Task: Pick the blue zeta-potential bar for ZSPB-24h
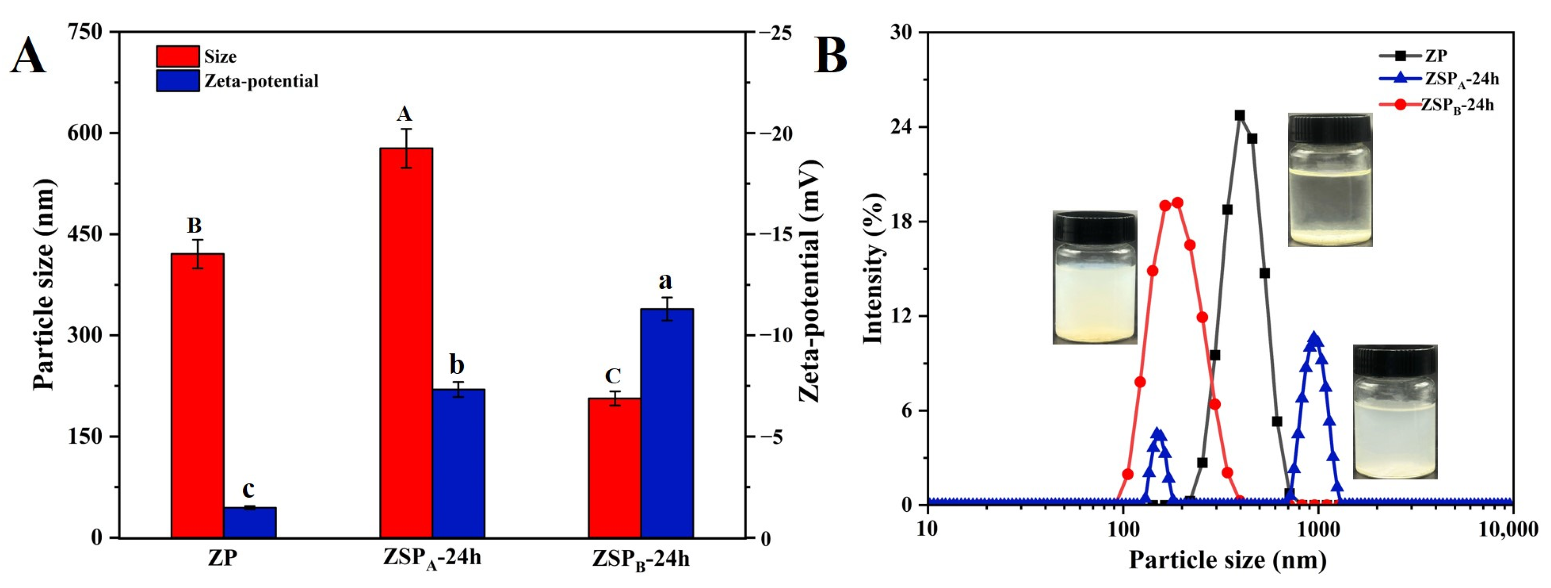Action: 667,422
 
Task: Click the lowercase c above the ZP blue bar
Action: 248,489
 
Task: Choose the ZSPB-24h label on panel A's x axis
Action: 640,559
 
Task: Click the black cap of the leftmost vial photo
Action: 1094,225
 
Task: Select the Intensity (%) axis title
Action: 873,268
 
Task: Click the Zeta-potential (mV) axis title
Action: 810,280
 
